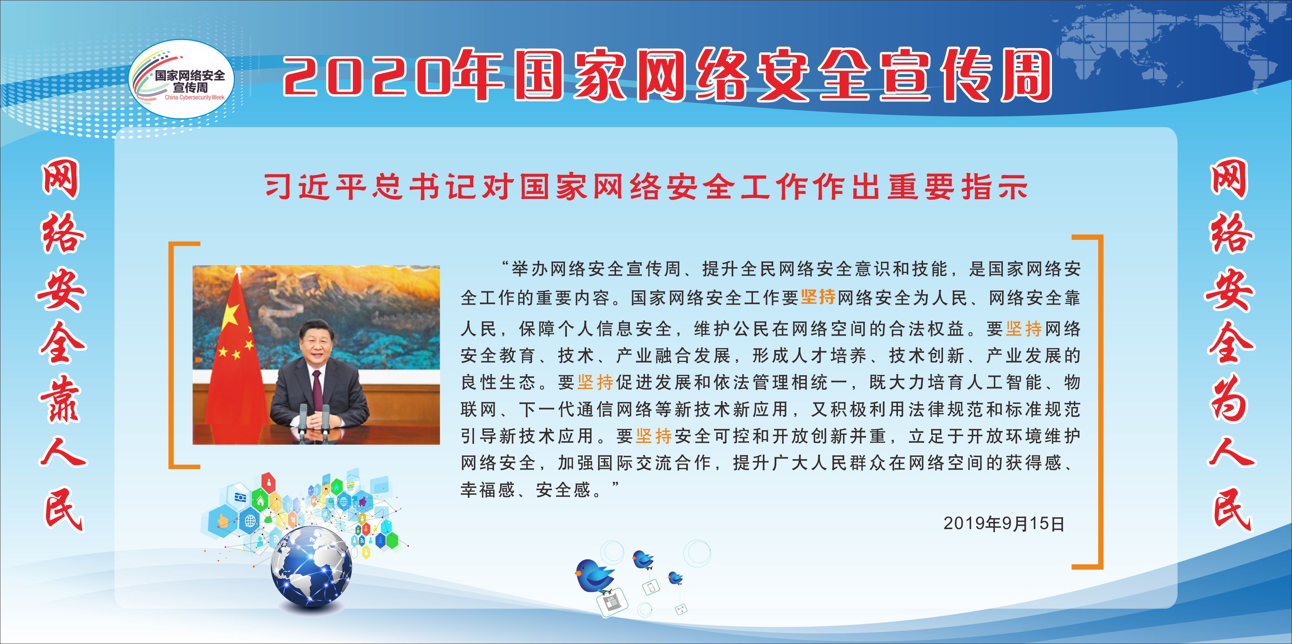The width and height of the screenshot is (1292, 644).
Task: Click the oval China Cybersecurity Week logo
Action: (x=181, y=79)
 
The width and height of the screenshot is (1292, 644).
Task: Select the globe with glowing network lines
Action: (x=311, y=567)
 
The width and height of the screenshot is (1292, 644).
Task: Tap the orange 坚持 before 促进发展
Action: (x=595, y=383)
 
